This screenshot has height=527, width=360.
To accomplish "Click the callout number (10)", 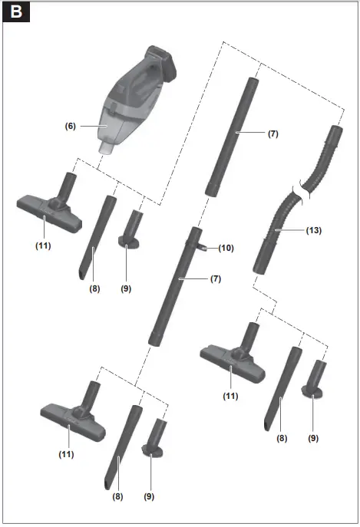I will (225, 248).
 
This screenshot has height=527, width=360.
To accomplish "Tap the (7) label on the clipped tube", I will (215, 278).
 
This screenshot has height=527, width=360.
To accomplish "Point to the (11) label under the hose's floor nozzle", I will (230, 396).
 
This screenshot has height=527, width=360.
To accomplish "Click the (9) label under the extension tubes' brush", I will (149, 496).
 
